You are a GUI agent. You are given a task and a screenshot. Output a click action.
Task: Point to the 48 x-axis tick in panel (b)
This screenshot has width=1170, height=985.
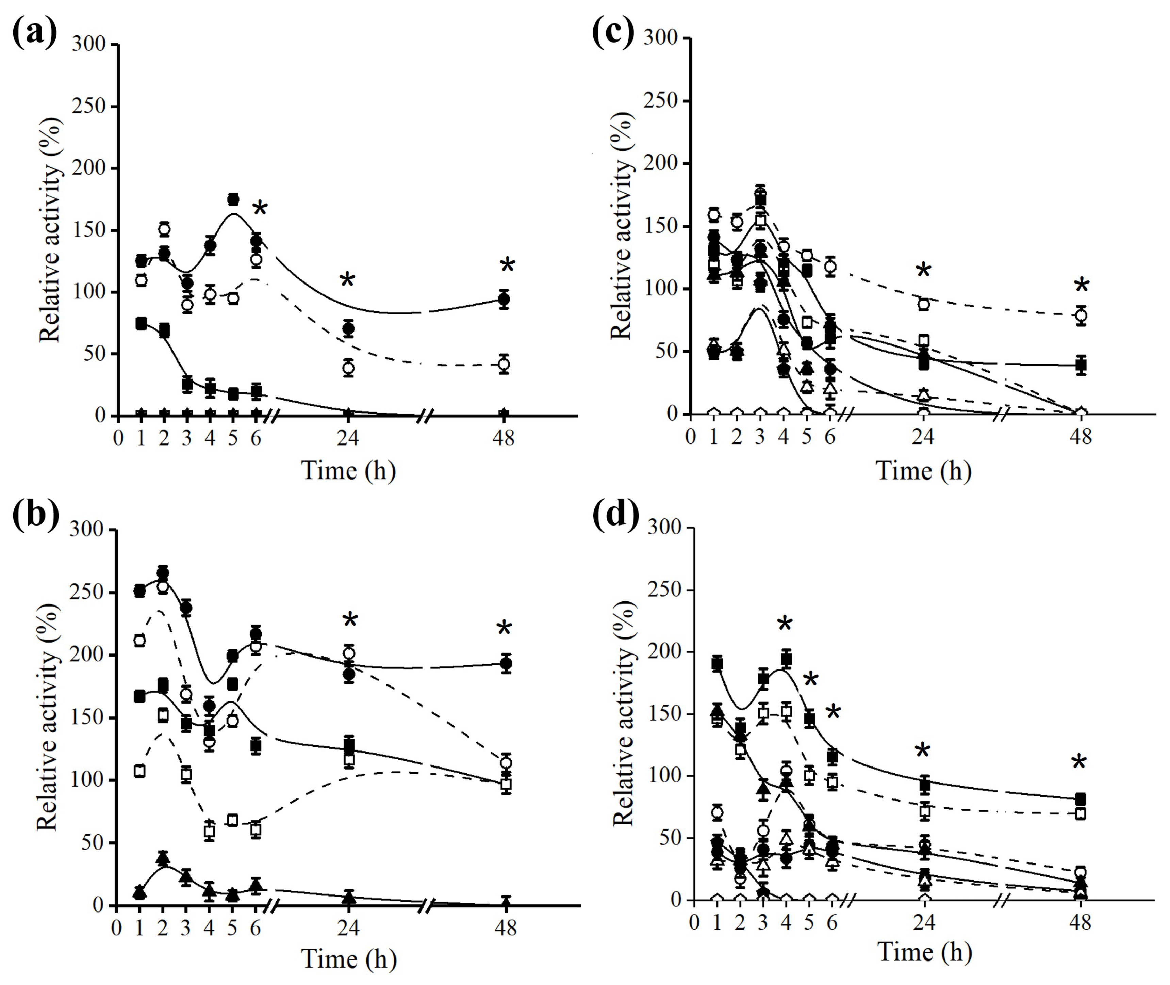tap(505, 928)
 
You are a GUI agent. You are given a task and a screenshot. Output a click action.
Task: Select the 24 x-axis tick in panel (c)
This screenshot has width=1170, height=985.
tap(923, 436)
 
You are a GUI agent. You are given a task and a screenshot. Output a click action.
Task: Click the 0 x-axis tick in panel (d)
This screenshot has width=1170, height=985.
tap(694, 922)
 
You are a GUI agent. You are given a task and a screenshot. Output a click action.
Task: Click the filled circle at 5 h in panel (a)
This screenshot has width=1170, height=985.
tap(233, 199)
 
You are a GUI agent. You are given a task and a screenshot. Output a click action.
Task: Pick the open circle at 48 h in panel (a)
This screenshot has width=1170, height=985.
tap(504, 364)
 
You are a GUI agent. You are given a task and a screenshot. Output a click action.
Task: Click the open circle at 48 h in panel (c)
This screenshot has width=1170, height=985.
tap(1081, 316)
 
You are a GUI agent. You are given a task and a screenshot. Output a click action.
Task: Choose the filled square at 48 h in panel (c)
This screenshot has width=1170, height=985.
tap(1081, 366)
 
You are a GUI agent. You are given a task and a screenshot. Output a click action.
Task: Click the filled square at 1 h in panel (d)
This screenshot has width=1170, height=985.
tap(717, 663)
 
